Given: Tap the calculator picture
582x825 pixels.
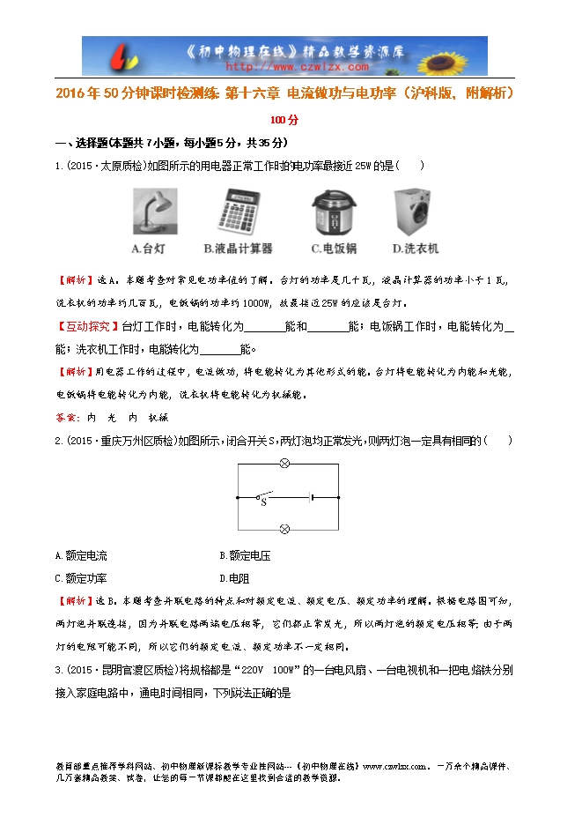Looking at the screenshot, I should coord(238,212).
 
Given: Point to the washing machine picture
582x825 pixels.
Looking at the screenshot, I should coord(415,212).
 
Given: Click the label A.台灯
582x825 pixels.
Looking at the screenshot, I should coord(148,249).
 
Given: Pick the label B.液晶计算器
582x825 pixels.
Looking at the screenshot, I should coord(238,249).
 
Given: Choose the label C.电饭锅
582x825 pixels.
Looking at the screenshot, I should coord(334,249).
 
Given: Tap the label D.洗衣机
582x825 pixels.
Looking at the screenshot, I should coord(416,249).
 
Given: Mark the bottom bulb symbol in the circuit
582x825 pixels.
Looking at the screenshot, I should coord(284,529).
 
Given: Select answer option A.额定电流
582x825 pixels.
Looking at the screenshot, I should coord(81,556).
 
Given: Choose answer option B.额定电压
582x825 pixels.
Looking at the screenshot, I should coord(245,556).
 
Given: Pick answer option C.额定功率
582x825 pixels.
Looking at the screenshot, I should coord(81,579).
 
